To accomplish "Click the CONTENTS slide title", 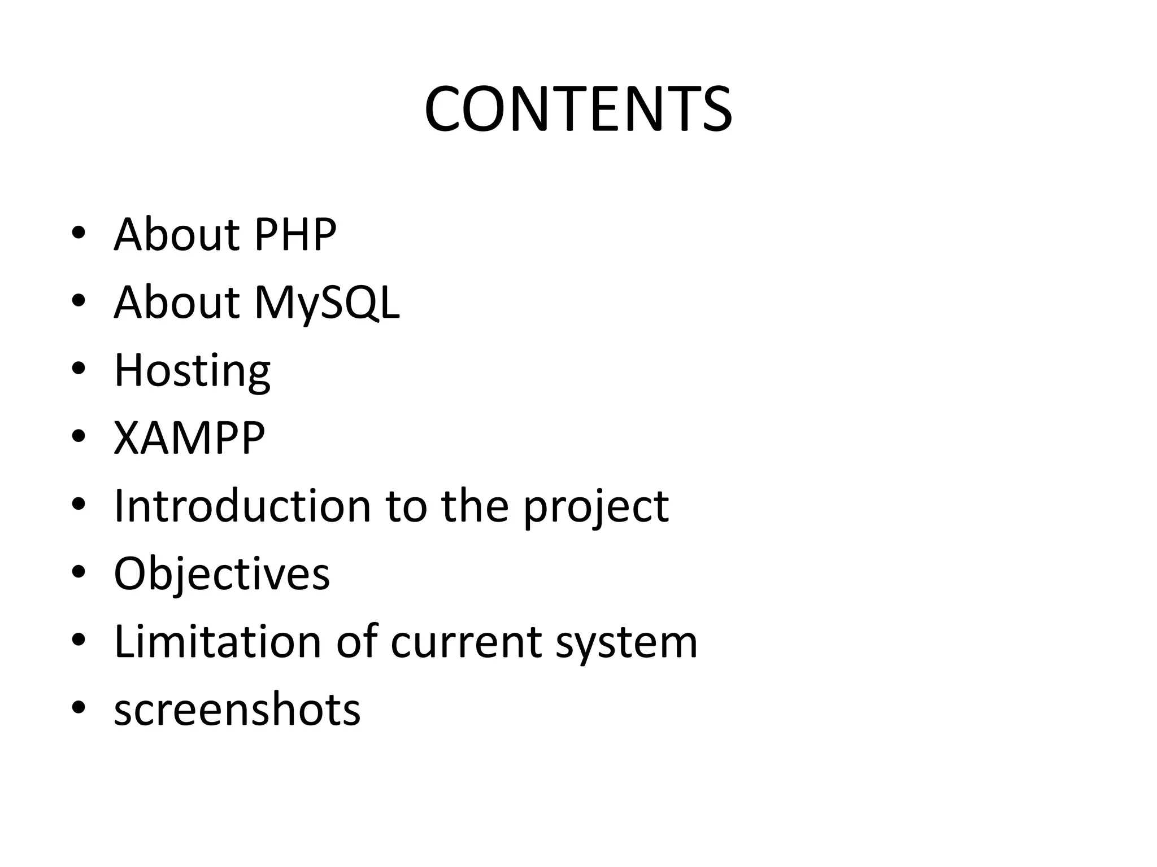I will point(578,108).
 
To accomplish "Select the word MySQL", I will point(327,303).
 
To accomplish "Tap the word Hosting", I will point(192,371).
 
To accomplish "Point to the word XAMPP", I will point(189,438).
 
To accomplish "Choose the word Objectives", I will point(221,574).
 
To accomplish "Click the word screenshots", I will point(237,710).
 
